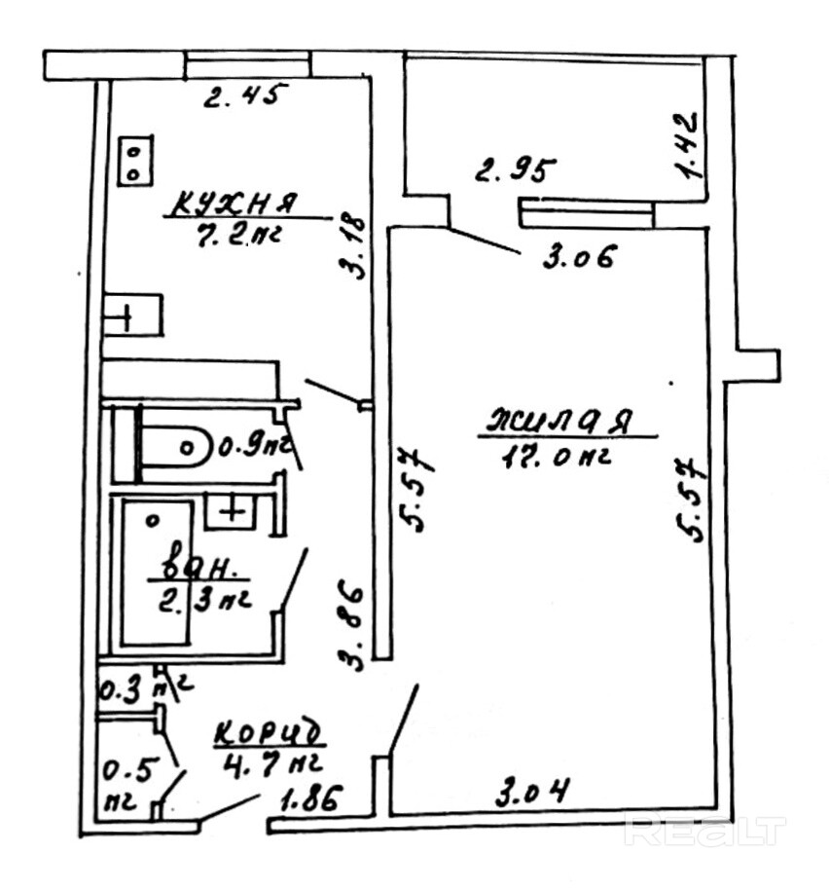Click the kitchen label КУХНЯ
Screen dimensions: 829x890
click(234, 204)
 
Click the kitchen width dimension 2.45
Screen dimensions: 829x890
click(246, 96)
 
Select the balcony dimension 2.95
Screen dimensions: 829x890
click(516, 172)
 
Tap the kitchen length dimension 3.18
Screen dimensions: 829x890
click(356, 244)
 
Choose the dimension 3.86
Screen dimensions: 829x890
click(354, 627)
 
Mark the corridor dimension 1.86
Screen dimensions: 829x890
click(312, 802)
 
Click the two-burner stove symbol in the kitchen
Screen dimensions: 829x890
click(134, 161)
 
